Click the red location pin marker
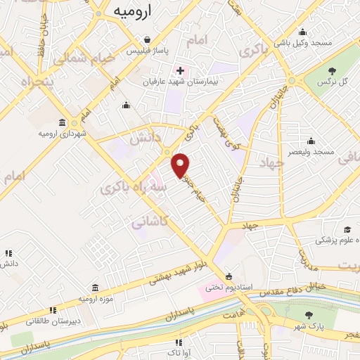(x=181, y=165)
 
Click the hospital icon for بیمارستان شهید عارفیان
(x=180, y=70)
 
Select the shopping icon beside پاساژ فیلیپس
(x=146, y=40)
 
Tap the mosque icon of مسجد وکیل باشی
(x=302, y=32)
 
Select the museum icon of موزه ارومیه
(x=95, y=287)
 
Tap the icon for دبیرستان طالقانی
(x=51, y=309)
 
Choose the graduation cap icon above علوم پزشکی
(x=347, y=229)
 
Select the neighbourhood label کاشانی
(x=148, y=220)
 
